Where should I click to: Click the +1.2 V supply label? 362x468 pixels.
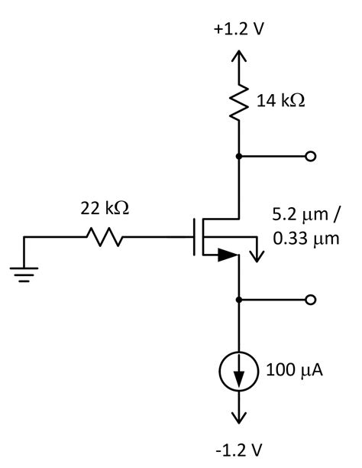241,30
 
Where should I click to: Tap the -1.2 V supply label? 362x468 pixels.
241,449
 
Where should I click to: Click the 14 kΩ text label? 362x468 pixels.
281,100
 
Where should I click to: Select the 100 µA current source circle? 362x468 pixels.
241,372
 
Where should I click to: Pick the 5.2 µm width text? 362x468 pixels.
305,216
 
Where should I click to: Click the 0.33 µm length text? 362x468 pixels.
305,239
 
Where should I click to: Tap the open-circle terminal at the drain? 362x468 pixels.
310,156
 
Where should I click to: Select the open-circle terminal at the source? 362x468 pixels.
310,300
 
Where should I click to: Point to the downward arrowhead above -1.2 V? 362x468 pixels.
241,418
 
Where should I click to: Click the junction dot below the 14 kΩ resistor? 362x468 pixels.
241,156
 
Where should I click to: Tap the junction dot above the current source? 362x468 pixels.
241,300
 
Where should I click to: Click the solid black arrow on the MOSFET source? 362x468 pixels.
225,255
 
